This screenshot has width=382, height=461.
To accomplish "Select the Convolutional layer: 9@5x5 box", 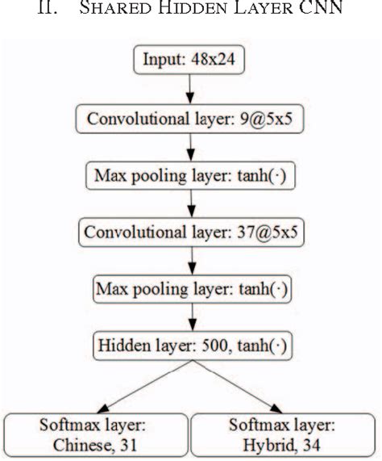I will coord(189,120).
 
